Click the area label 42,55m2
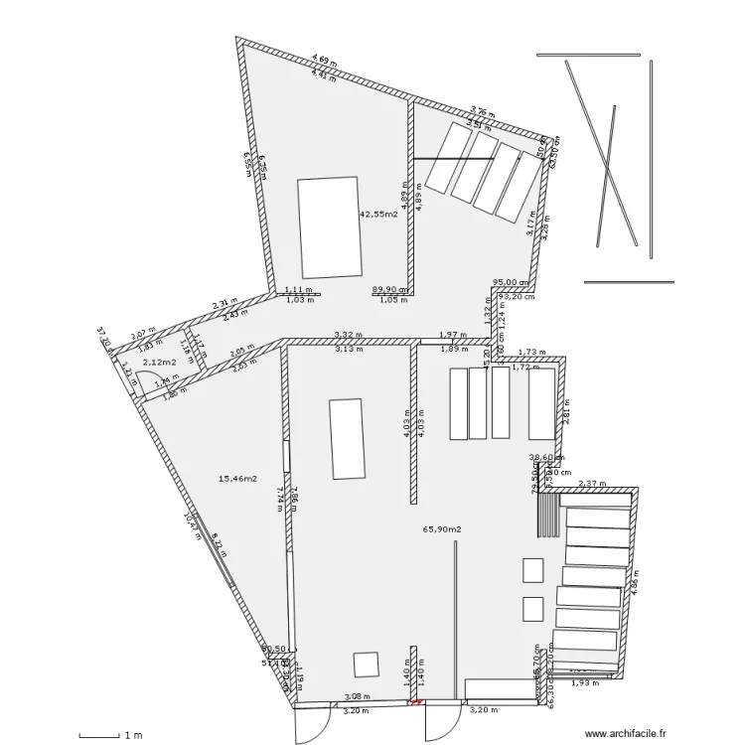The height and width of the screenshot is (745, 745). (377, 214)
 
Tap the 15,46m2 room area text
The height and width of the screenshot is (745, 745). (237, 479)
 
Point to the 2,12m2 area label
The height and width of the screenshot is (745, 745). (159, 364)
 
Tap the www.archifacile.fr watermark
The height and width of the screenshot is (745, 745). (627, 734)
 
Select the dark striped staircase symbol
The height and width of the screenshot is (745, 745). (547, 514)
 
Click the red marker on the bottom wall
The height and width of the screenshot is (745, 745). (416, 703)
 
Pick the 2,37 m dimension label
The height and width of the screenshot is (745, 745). (591, 484)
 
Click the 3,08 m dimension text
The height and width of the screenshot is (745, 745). (357, 697)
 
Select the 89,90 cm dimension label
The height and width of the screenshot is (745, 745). (390, 289)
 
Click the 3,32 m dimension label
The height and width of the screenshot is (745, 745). (348, 336)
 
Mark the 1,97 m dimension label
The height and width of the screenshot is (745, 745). (453, 336)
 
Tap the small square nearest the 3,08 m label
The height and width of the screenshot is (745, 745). (367, 664)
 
